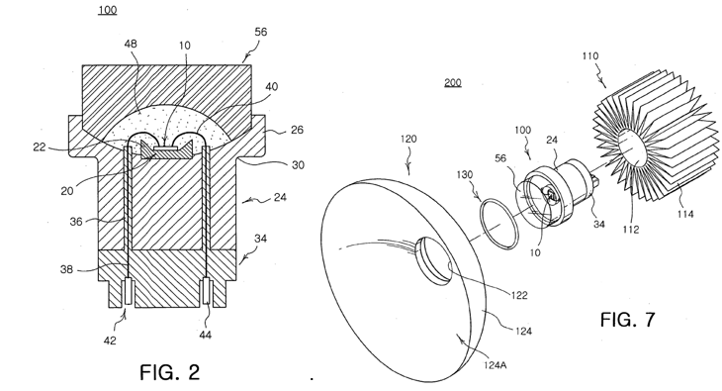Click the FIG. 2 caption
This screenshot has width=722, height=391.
click(x=170, y=372)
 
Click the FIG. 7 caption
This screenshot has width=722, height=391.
click(x=627, y=319)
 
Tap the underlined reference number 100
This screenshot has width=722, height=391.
click(x=107, y=10)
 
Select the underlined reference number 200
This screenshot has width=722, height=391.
click(x=453, y=82)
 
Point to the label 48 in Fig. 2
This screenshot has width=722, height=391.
click(x=131, y=44)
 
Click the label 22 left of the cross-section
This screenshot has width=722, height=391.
click(x=40, y=147)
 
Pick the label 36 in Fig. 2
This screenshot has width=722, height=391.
click(x=76, y=222)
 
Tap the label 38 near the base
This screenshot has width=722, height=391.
click(x=67, y=269)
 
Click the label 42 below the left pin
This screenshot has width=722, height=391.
click(x=110, y=341)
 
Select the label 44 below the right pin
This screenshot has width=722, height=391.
click(x=205, y=335)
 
